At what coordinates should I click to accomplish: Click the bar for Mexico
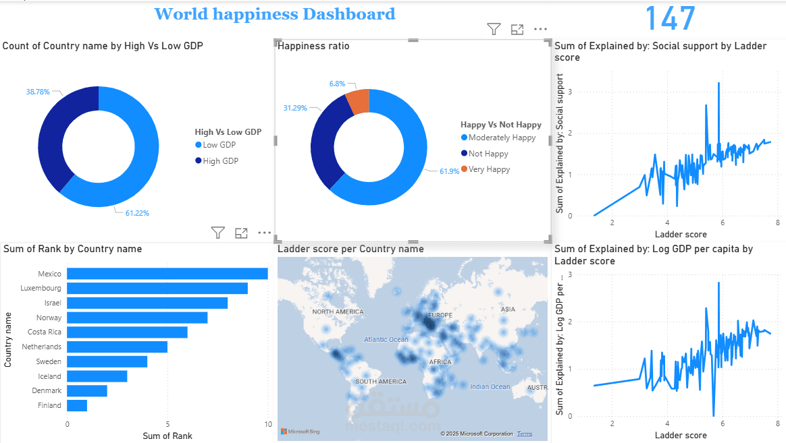167,274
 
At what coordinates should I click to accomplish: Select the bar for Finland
77,405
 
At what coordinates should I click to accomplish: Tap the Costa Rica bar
127,332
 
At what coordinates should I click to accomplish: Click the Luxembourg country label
42,289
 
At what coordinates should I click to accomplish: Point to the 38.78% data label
38,92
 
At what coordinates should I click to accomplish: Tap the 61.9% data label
449,171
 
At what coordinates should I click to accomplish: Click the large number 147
670,18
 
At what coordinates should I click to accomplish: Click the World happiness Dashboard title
275,14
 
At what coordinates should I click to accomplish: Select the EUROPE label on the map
440,316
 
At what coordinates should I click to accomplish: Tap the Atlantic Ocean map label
386,340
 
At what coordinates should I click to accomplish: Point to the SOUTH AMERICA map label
381,382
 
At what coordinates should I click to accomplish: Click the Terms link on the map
525,434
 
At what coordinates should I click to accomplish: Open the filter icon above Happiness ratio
494,29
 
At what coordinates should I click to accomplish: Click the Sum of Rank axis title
167,436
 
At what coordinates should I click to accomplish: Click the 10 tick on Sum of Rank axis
268,424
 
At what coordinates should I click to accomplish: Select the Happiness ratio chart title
313,46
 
